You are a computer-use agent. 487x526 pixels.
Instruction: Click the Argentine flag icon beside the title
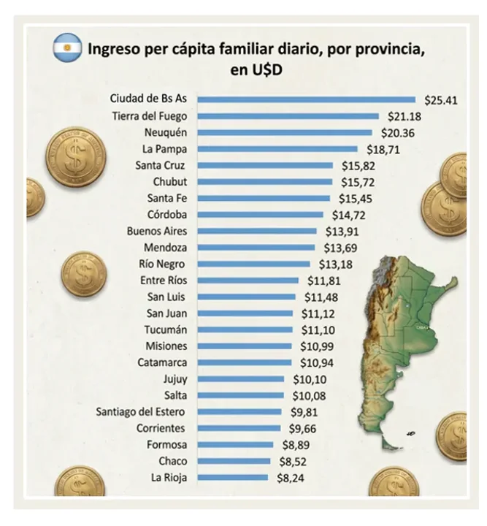[x=67, y=47]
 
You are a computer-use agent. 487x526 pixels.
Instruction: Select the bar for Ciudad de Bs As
[x=307, y=99]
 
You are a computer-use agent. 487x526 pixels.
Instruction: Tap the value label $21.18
[x=402, y=116]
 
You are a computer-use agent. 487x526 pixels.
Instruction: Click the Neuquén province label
[x=165, y=132]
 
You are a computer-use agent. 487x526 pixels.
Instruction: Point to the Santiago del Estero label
[x=142, y=412]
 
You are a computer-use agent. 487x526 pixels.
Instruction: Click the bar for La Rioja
[x=233, y=478]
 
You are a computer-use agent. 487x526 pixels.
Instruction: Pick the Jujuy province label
[x=175, y=379]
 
